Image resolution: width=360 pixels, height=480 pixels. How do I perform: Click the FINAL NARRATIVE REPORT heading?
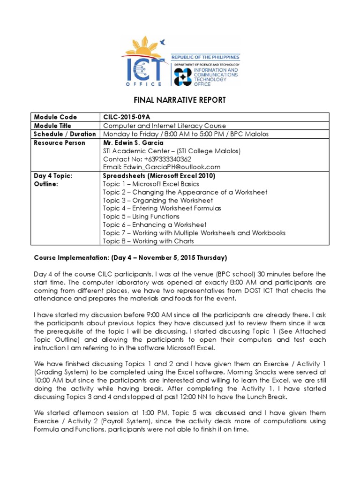(180, 100)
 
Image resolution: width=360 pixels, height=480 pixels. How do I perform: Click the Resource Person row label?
(60, 142)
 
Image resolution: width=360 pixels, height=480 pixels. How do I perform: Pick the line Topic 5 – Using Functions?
(141, 216)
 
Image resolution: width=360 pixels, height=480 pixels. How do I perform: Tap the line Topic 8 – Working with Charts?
(148, 241)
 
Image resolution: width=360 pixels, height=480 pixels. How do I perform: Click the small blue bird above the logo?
(163, 41)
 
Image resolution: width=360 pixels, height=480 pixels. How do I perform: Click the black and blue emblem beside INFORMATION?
(183, 77)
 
